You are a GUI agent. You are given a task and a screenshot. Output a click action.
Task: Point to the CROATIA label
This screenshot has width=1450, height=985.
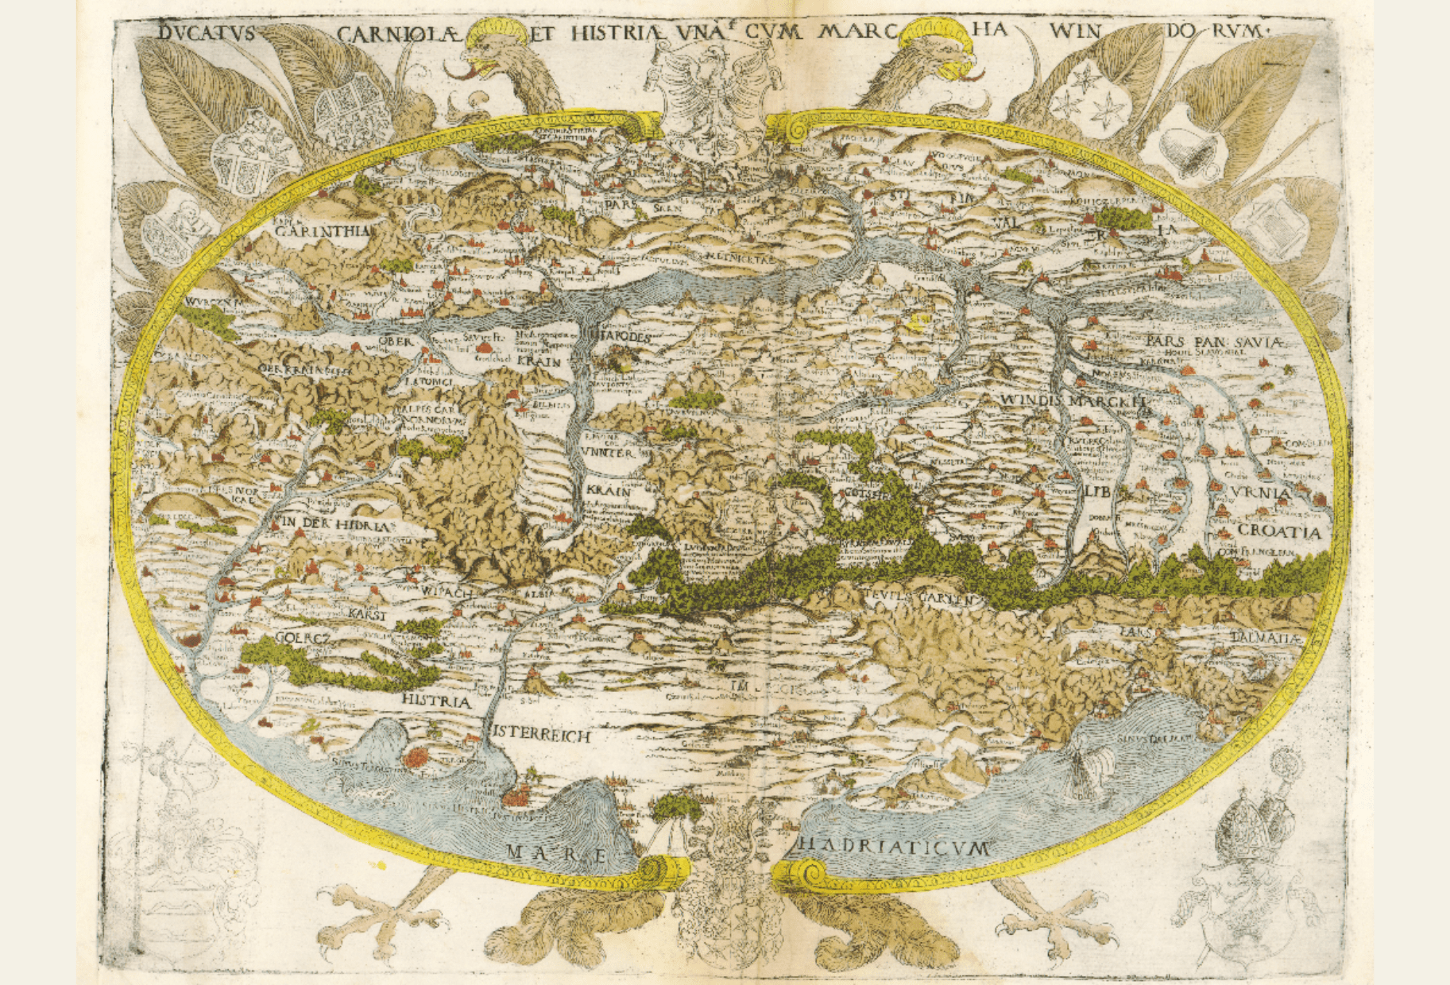(x=1278, y=531)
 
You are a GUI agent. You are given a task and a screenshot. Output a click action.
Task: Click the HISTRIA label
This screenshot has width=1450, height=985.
(x=436, y=701)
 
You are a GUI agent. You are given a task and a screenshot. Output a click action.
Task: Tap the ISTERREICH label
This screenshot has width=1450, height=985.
(x=542, y=735)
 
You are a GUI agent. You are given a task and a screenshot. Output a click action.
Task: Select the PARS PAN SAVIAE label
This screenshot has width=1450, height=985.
(x=1214, y=342)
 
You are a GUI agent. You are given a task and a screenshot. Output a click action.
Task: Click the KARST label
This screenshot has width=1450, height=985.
(x=367, y=615)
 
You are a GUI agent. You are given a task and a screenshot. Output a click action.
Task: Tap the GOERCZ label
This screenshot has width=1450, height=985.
(x=302, y=637)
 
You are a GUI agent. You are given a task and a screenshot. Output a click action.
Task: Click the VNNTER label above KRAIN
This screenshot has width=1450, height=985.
(x=608, y=452)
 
